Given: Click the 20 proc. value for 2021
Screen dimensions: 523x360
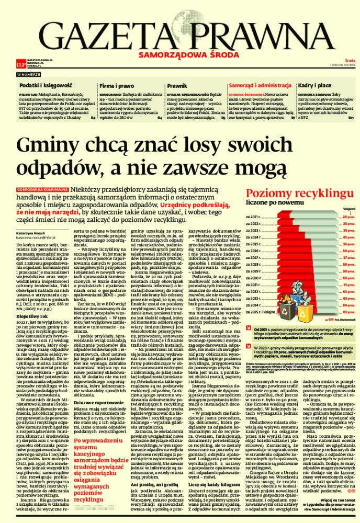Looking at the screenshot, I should pos(348,216).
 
